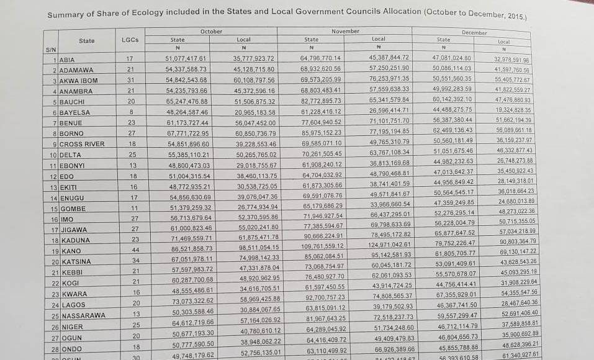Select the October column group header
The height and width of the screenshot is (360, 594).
pyautogui.click(x=211, y=31)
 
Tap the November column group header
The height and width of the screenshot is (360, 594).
pyautogui.click(x=345, y=31)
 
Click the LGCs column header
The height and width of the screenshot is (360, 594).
pyautogui.click(x=130, y=40)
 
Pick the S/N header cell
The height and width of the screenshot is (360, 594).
pyautogui.click(x=51, y=49)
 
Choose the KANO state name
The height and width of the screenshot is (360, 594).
pyautogui.click(x=70, y=251)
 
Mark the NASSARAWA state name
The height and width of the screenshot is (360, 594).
pyautogui.click(x=83, y=316)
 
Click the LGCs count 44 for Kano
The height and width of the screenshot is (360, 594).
pyautogui.click(x=130, y=251)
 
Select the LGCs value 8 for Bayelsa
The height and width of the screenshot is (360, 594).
pyautogui.click(x=130, y=112)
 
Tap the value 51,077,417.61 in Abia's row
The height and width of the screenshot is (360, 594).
pyautogui.click(x=177, y=58)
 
